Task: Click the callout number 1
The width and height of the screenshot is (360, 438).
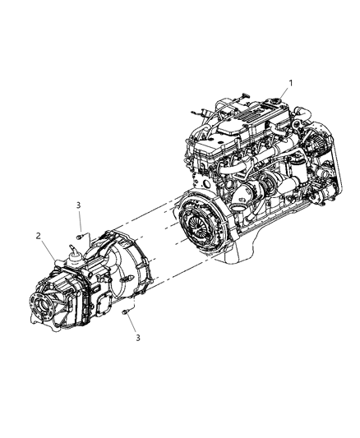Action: click(x=289, y=81)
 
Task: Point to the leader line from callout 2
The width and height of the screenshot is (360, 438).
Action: click(x=48, y=246)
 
